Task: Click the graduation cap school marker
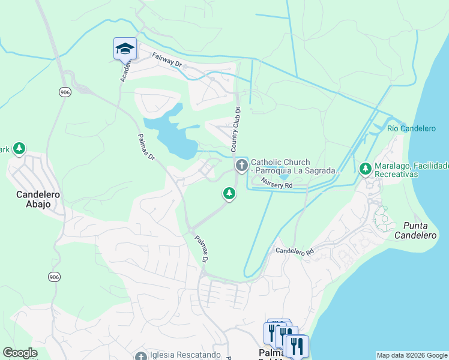click(x=125, y=49)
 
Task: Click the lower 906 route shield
click(x=55, y=277)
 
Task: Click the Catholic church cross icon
click(x=241, y=164)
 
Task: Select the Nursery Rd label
click(x=276, y=185)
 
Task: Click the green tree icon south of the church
click(x=228, y=193)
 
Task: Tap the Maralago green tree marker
click(x=365, y=169)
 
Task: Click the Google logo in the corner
click(x=20, y=353)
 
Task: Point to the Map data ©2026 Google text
click(x=412, y=355)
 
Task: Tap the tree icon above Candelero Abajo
click(x=19, y=148)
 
